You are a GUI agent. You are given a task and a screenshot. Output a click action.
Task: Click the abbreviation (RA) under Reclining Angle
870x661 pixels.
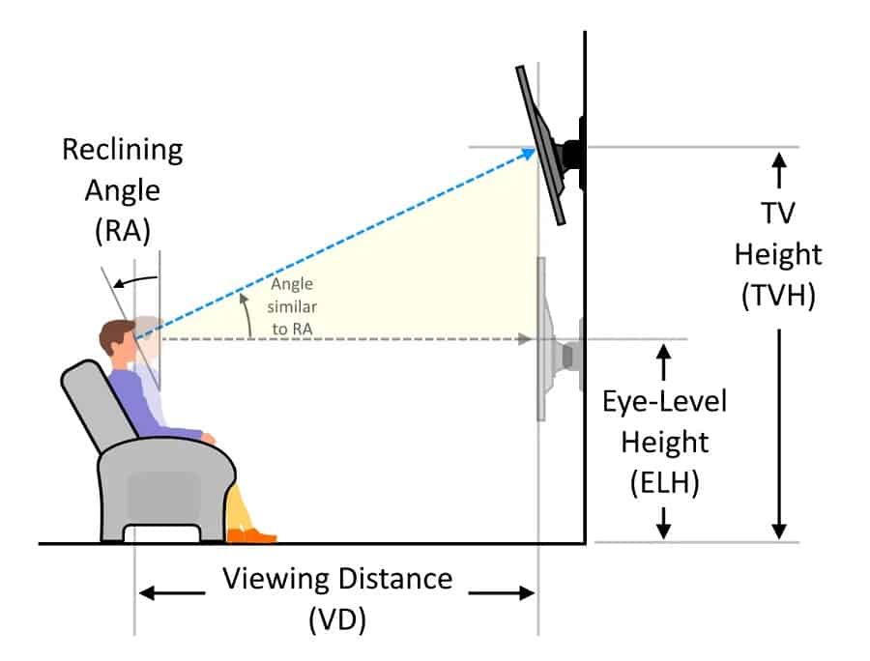tap(123, 231)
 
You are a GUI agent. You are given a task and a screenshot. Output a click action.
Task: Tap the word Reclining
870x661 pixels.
tap(123, 151)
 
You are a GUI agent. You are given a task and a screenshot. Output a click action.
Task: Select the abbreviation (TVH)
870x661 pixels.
tap(778, 295)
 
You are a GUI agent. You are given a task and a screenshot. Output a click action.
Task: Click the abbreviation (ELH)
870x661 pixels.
tap(665, 482)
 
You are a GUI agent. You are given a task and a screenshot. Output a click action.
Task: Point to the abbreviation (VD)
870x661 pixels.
tap(337, 619)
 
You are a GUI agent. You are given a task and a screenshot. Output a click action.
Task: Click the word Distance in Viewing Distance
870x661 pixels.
tap(395, 579)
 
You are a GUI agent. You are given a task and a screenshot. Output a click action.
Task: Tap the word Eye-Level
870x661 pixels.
tap(665, 401)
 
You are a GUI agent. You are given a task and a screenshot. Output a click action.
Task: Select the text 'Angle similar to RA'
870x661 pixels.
tap(292, 306)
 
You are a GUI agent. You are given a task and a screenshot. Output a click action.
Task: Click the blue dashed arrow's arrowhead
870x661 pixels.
tap(528, 154)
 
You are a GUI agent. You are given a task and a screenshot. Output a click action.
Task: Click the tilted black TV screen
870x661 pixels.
tap(540, 145)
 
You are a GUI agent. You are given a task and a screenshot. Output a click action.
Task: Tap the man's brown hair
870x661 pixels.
tap(115, 334)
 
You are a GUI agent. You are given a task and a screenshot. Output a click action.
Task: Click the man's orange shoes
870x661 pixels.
tap(252, 535)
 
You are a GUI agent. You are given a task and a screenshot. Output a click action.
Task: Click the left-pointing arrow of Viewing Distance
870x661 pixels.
tap(172, 593)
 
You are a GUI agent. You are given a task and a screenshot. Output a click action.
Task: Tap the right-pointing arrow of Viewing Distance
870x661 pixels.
tap(502, 593)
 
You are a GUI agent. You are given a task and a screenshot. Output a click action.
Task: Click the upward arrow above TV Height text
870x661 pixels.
tap(779, 170)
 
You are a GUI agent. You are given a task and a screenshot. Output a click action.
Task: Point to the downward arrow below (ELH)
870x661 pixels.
tap(664, 523)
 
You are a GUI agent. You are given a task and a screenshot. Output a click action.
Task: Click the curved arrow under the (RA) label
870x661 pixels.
tap(136, 279)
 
